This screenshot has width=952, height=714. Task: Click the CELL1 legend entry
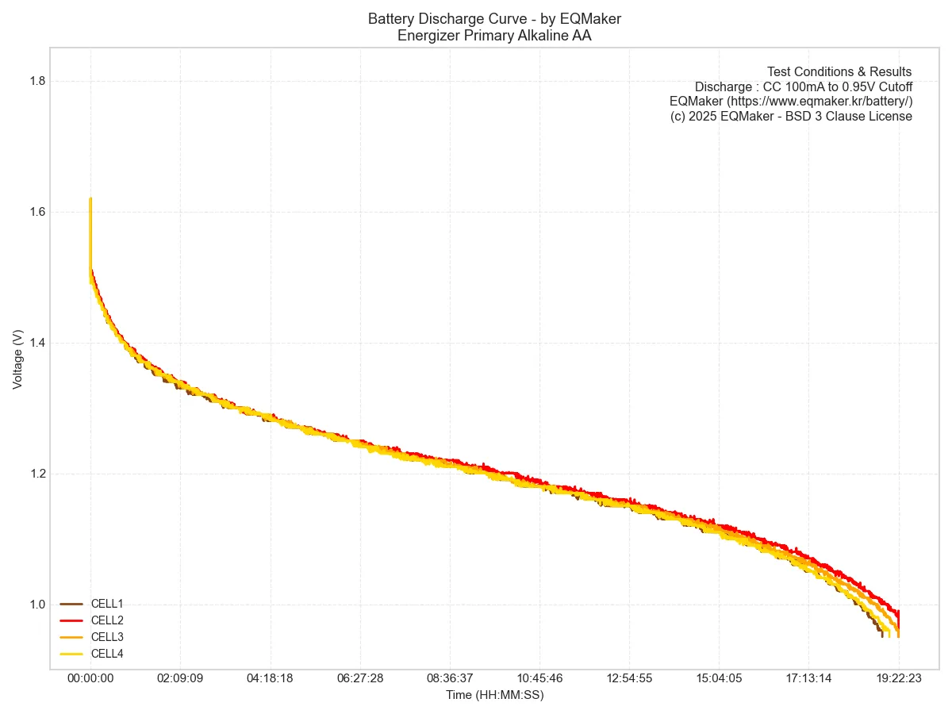[x=106, y=604]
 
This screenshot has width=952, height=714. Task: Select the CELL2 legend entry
[x=106, y=620]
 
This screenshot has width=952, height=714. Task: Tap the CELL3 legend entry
[x=106, y=637]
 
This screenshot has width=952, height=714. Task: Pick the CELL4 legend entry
[x=106, y=654]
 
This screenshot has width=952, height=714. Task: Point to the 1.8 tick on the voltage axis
[x=37, y=81]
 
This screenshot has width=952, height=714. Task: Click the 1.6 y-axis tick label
[x=37, y=212]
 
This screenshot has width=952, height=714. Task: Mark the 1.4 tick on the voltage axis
[x=37, y=343]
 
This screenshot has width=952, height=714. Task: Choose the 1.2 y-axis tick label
[x=37, y=474]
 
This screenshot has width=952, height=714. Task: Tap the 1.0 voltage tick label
[x=37, y=605]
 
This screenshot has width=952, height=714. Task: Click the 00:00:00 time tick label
[x=90, y=679]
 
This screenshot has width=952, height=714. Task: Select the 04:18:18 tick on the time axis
[x=271, y=679]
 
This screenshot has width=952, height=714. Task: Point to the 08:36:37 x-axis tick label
[x=450, y=679]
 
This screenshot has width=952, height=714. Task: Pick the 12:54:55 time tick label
[x=630, y=679]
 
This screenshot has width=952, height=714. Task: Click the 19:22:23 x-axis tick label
[x=899, y=679]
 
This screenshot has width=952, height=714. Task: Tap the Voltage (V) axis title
[x=17, y=359]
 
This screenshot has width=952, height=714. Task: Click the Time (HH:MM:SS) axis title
[x=494, y=695]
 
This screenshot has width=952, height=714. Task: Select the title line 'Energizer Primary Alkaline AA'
[x=494, y=34]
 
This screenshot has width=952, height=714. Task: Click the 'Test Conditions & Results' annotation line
[x=839, y=72]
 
